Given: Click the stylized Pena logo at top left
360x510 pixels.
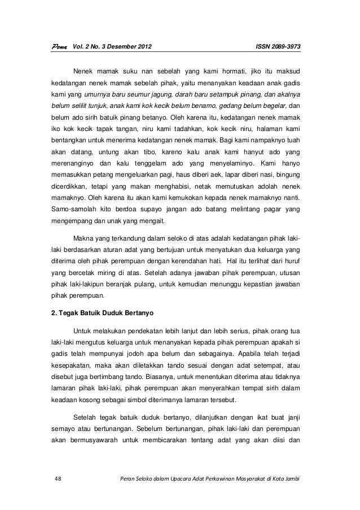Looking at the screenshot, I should click(x=57, y=46).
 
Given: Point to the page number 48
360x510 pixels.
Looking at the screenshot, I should click(x=57, y=480).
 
